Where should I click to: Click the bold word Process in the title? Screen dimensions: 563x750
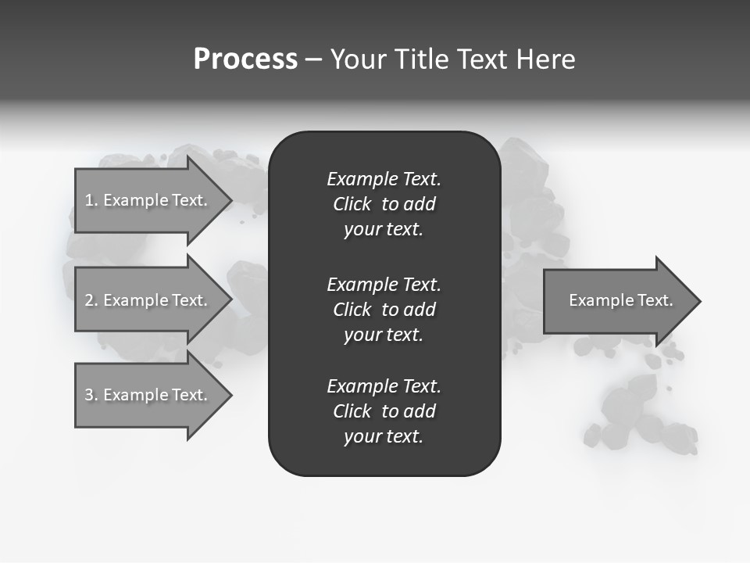tap(245, 59)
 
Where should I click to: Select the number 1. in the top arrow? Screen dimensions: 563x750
tap(91, 200)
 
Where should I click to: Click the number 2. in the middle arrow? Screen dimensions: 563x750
tap(91, 300)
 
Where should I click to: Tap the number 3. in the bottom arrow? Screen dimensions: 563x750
tap(91, 395)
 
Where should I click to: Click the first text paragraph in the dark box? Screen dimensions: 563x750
tap(384, 204)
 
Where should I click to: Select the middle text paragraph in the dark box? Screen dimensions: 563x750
tap(384, 310)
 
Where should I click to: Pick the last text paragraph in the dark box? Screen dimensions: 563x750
tap(384, 411)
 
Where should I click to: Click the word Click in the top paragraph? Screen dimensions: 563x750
tap(352, 204)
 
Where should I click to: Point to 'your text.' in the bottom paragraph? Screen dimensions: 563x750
tap(384, 436)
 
